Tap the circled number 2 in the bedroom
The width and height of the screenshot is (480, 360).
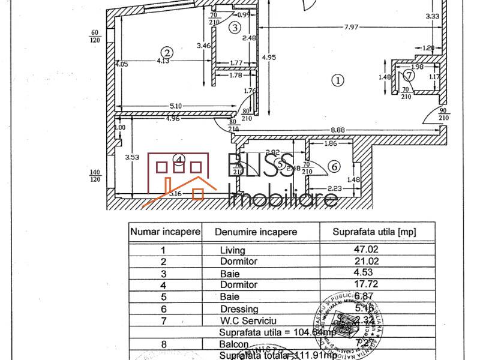[x=167, y=52]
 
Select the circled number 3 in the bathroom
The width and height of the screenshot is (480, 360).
[x=235, y=27]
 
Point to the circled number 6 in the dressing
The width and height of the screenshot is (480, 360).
[x=334, y=166]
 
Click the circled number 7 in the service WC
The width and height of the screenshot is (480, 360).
[x=409, y=76]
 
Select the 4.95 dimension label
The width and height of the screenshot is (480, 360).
[x=268, y=58]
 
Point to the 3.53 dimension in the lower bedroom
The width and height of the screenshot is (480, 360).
[x=132, y=158]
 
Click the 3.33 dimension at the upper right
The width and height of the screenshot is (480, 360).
[x=433, y=16]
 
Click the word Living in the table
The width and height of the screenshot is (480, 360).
[x=233, y=250]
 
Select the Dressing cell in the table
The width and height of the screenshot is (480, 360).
[x=239, y=309]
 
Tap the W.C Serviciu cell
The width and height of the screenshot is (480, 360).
[x=247, y=321]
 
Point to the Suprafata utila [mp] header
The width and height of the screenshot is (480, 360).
[x=374, y=231]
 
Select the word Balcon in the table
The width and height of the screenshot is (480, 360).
[x=236, y=344]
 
